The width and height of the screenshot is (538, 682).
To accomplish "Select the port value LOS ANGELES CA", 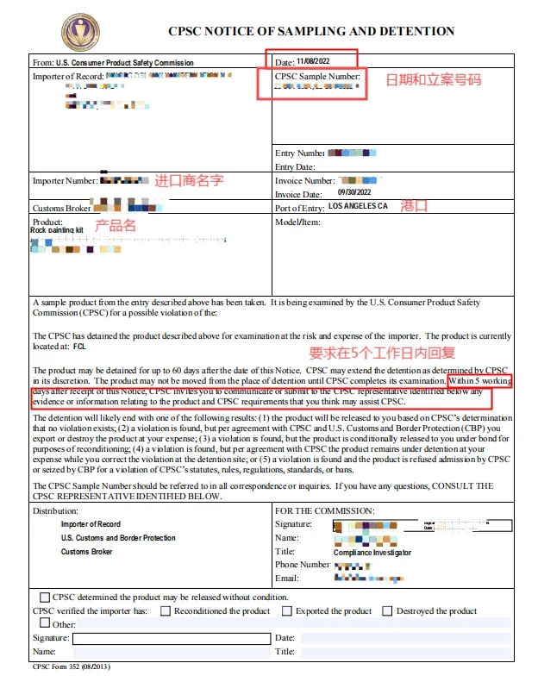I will click(358, 207).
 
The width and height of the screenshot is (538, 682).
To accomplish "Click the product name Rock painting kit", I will click(57, 231).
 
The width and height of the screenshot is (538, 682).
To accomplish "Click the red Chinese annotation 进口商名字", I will click(189, 181).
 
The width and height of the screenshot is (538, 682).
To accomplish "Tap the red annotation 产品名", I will click(115, 226).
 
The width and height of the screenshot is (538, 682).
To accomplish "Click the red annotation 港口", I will click(416, 208).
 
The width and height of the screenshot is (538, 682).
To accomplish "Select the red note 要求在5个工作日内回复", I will click(382, 353).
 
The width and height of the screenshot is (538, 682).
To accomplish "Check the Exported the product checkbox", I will click(287, 610).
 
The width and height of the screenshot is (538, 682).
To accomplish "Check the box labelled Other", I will click(45, 623).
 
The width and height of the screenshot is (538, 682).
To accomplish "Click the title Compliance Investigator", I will click(372, 552).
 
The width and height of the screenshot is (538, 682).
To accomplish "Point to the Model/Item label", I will click(297, 222).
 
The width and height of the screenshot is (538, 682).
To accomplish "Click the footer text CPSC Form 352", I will click(72, 666).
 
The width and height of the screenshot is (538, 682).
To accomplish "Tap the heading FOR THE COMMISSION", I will click(324, 511).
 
